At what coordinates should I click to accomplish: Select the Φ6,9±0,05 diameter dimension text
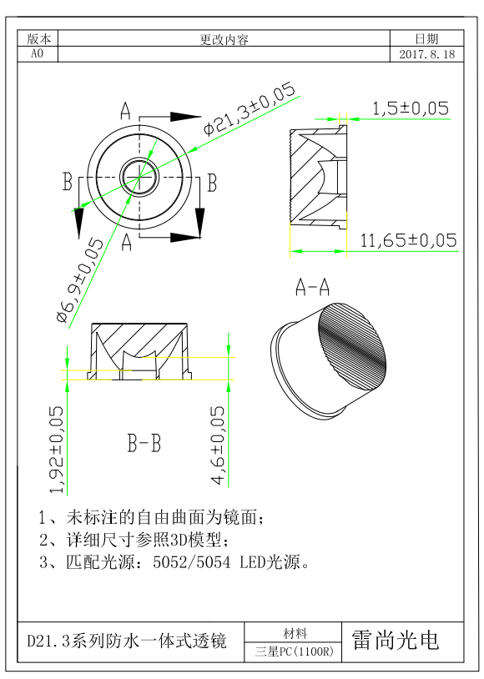pos(81,280)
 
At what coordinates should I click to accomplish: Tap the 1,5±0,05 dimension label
pos(411,108)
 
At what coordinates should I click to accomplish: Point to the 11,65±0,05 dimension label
pos(408,240)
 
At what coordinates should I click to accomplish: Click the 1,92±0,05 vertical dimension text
pos(57,450)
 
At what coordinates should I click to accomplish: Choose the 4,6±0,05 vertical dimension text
pos(218,445)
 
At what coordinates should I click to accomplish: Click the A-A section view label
pos(312,287)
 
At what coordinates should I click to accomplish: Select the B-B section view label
pos(144,444)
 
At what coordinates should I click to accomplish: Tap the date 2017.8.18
pos(426,54)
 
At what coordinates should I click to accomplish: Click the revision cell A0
pos(38,53)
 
